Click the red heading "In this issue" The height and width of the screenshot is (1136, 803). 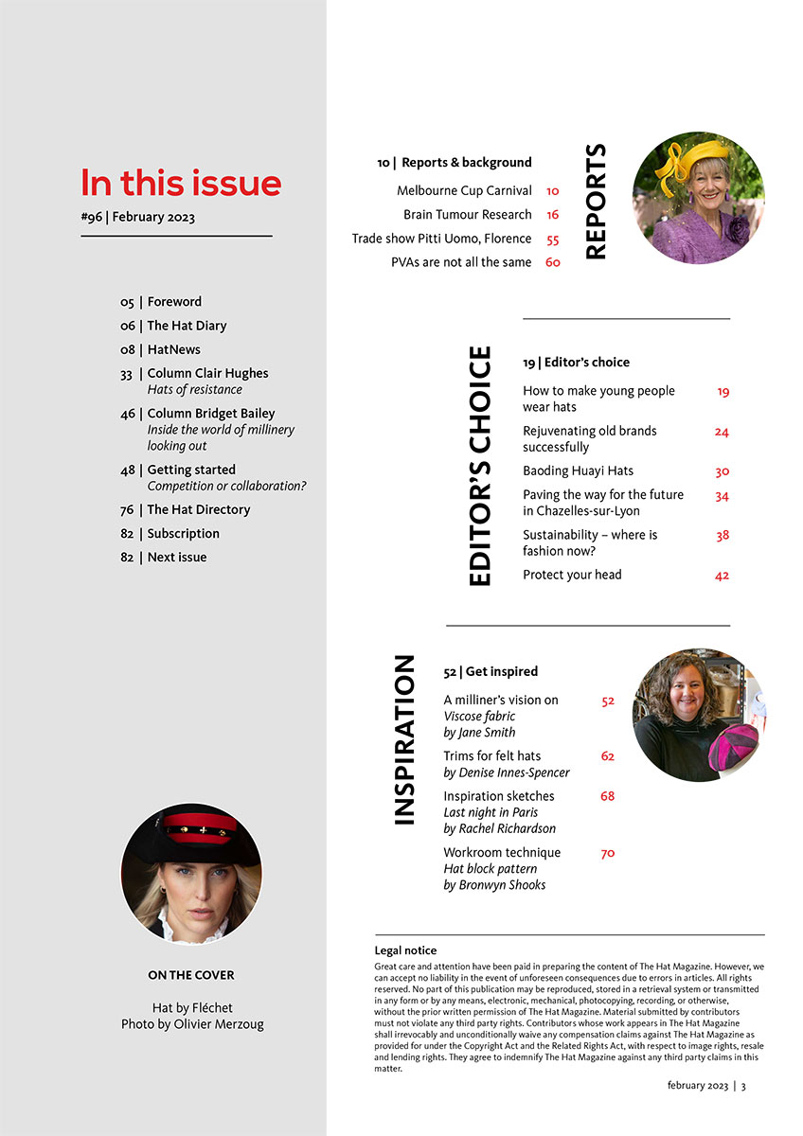point(181,183)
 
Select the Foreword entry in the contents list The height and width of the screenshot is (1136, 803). point(174,302)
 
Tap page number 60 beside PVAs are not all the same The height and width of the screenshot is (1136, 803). point(553,262)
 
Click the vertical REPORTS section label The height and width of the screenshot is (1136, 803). point(596,202)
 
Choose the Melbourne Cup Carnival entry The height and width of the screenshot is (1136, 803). point(464,191)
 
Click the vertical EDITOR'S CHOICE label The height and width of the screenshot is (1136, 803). point(481,466)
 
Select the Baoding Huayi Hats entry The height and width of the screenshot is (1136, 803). point(578,471)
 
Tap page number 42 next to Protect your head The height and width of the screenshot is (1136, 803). point(722,576)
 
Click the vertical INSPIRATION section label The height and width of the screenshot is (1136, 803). point(403,739)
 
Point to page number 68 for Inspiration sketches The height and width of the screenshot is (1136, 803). point(607,796)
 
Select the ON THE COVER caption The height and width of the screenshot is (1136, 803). point(190,975)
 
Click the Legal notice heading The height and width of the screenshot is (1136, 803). point(406,950)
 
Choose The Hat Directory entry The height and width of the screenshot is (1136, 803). point(199,509)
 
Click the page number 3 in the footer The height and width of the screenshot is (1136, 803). point(743,1086)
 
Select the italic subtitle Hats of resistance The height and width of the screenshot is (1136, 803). point(194,389)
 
